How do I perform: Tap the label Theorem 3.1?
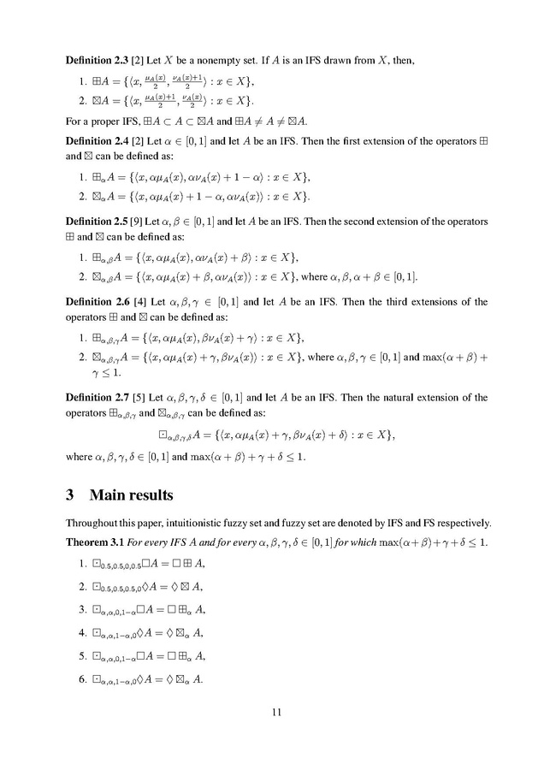[92, 542]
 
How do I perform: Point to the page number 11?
[273, 712]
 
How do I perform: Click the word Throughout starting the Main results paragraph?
[93, 523]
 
